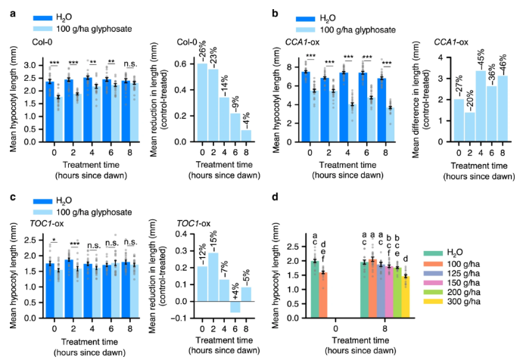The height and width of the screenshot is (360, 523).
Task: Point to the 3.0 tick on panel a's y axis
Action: (19, 67)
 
